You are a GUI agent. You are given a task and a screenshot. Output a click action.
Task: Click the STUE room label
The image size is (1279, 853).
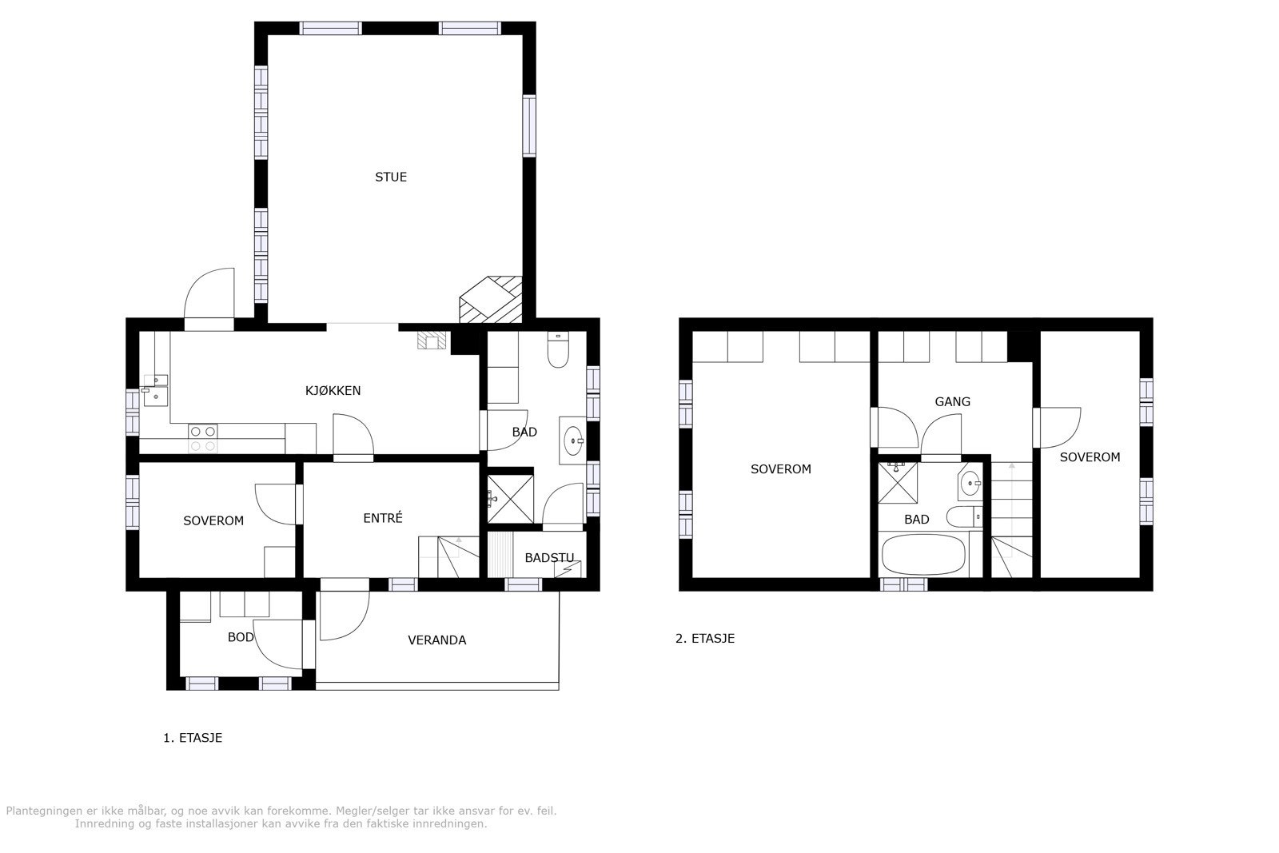[391, 177]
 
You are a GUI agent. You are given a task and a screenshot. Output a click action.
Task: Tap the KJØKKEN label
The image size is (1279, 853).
[333, 391]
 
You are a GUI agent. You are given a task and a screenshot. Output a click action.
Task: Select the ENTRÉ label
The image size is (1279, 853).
[382, 518]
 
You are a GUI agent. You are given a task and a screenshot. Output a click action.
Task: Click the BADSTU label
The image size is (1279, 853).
[548, 558]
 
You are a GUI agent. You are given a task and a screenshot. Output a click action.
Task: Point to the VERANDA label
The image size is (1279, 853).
[436, 640]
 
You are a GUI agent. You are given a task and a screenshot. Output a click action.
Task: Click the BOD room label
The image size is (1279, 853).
[241, 637]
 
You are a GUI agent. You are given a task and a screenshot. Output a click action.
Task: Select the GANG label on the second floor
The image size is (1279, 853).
[952, 401]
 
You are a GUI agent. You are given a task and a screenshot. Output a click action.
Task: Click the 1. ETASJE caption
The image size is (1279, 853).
[193, 738]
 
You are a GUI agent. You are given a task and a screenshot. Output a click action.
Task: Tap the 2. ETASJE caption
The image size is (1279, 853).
[704, 639]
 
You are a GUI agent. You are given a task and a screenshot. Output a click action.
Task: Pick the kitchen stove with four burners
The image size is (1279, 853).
[202, 438]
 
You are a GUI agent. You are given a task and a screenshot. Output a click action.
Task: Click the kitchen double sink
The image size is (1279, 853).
[154, 389]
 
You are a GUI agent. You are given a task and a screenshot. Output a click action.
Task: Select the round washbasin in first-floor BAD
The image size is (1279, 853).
[573, 440]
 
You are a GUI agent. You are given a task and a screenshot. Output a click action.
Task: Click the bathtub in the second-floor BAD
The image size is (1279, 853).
[922, 556]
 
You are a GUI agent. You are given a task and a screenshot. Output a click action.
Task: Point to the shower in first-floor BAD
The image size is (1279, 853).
[510, 499]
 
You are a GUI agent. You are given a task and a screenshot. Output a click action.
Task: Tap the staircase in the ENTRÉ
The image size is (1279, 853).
[448, 556]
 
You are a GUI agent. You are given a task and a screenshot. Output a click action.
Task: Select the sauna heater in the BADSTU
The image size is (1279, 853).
[572, 568]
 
